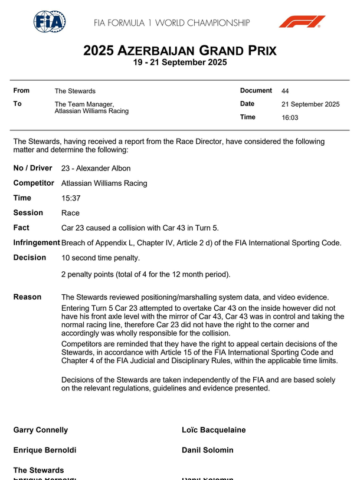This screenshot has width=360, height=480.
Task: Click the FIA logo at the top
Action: pyautogui.click(x=50, y=22)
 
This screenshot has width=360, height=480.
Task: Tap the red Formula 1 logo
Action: pyautogui.click(x=302, y=22)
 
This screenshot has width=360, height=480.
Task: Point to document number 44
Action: pyautogui.click(x=285, y=91)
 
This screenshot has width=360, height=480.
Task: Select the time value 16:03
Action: pyautogui.click(x=290, y=117)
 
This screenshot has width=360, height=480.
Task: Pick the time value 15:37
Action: pyautogui.click(x=70, y=198)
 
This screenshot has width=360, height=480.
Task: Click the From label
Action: pyautogui.click(x=21, y=91)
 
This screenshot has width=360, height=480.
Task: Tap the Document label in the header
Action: pyautogui.click(x=256, y=91)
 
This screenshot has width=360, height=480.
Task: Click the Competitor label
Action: pyautogui.click(x=34, y=183)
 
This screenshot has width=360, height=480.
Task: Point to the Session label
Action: pyautogui.click(x=28, y=213)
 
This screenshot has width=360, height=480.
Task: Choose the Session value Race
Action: pyautogui.click(x=71, y=213)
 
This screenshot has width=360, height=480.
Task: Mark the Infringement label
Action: pyautogui.click(x=37, y=242)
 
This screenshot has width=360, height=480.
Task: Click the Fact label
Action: pyautogui.click(x=21, y=228)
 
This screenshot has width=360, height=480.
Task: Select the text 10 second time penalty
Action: pyautogui.click(x=101, y=258)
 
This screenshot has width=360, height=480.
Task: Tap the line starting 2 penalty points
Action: pyautogui.click(x=146, y=274)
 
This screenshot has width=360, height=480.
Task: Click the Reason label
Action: pyautogui.click(x=27, y=297)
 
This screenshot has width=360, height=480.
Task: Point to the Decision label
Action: pyautogui.click(x=30, y=258)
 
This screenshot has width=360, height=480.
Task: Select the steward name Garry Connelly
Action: pyautogui.click(x=41, y=430)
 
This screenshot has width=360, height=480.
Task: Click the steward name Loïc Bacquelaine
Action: pyautogui.click(x=214, y=430)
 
